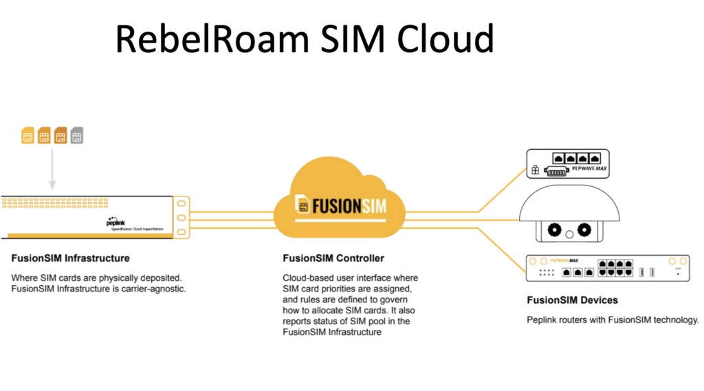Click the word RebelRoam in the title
212,39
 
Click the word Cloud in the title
445,39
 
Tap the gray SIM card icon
77,135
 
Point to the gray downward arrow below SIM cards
52,169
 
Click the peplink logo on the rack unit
115,222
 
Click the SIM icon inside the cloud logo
302,204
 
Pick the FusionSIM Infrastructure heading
71,258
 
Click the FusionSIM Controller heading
333,258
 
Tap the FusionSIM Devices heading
573,300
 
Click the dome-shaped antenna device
569,214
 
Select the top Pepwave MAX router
568,164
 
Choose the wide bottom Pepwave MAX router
608,268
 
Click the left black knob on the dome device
555,230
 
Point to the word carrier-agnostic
153,289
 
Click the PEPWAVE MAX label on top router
589,169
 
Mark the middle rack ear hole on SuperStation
181,218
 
